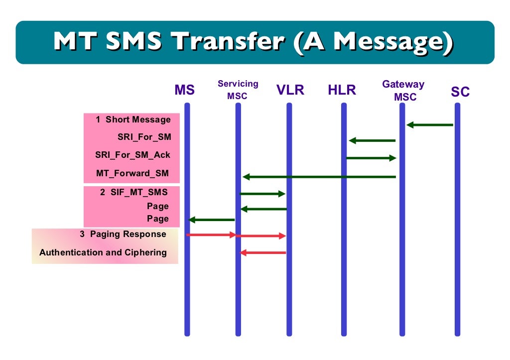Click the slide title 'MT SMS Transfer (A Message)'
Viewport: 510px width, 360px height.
[x=255, y=42]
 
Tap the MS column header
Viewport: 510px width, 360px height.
[x=184, y=90]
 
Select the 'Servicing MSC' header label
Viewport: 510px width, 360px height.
[x=238, y=90]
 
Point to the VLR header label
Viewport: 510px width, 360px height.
[x=290, y=90]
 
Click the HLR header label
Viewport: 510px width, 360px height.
[x=342, y=90]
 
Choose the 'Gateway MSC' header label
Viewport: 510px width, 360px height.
[x=403, y=91]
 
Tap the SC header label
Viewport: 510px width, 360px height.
[x=460, y=92]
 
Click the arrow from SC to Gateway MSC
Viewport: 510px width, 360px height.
[x=430, y=125]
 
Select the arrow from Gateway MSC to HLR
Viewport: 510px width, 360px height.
[x=372, y=140]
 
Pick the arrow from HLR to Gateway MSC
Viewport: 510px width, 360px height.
[x=371, y=158]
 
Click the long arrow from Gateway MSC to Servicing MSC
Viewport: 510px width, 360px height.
[x=319, y=177]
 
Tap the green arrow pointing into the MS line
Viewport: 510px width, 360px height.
[x=212, y=220]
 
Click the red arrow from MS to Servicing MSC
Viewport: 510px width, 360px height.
[x=211, y=235]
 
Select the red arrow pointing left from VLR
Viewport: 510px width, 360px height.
[x=263, y=253]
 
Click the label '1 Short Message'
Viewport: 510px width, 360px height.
[x=133, y=120]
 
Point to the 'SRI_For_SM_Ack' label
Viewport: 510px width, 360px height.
[x=132, y=155]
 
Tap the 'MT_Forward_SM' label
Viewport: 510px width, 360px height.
[x=132, y=173]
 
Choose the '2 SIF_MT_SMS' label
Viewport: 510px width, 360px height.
[x=134, y=192]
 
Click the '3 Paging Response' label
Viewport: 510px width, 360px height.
[x=123, y=234]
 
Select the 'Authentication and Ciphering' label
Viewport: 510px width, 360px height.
[x=103, y=252]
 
